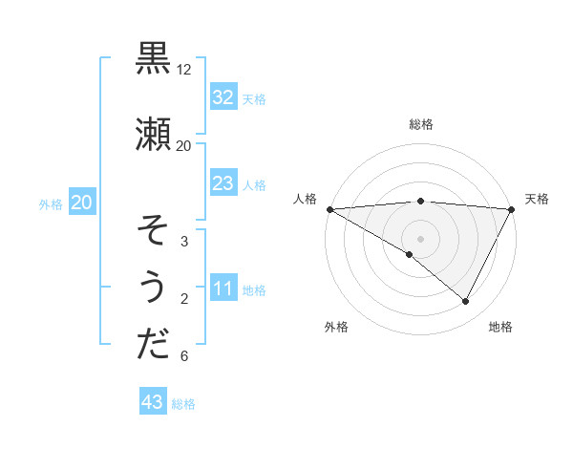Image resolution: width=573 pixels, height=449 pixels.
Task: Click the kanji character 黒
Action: (x=153, y=59)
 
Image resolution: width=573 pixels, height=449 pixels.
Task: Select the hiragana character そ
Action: (x=153, y=231)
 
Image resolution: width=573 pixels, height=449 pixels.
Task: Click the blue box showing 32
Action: (x=223, y=97)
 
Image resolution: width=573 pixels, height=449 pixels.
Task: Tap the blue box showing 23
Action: (x=223, y=183)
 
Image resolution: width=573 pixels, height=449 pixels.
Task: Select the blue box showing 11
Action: (x=223, y=289)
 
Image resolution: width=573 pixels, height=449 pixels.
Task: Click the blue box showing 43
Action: (x=152, y=402)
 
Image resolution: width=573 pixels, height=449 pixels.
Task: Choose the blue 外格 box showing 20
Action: (x=81, y=203)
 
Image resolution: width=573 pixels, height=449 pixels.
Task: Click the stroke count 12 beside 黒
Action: (x=183, y=70)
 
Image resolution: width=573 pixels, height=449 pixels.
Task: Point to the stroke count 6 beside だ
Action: (x=183, y=357)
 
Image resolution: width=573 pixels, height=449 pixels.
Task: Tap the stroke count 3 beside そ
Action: (x=183, y=242)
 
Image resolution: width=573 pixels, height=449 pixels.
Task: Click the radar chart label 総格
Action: (x=420, y=124)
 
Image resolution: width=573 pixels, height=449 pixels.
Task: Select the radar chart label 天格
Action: (x=537, y=199)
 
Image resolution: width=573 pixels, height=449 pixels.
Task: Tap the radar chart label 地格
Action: (x=500, y=327)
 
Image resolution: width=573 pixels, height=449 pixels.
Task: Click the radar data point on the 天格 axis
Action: (x=513, y=209)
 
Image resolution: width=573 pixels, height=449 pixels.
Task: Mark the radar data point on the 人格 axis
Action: (x=329, y=209)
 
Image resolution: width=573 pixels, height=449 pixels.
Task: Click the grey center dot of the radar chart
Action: (x=420, y=238)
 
